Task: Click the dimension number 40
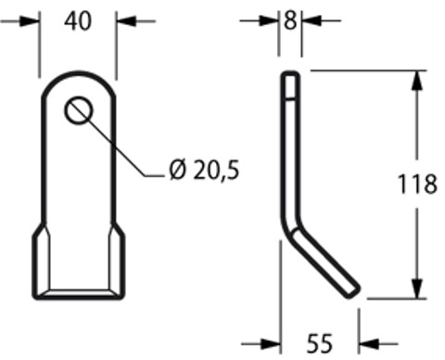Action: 78,21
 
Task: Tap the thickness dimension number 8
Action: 290,21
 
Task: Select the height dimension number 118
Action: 418,184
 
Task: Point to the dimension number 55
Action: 320,343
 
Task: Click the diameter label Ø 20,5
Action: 204,170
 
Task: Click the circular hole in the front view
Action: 79,110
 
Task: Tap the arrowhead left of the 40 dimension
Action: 30,21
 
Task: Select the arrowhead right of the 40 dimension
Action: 126,21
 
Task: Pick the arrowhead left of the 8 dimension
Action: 270,21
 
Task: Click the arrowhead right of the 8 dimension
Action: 311,21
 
